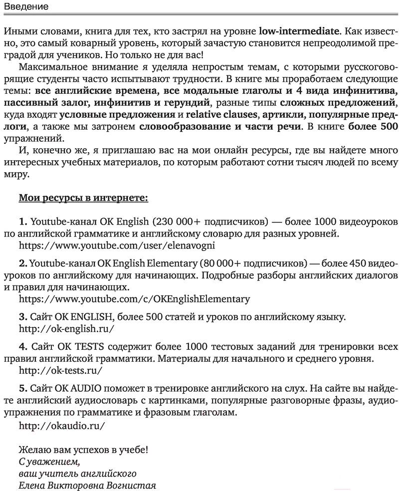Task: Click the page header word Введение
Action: (26, 6)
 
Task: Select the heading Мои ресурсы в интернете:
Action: (83, 198)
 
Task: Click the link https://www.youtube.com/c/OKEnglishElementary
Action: (134, 299)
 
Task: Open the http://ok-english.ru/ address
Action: (66, 328)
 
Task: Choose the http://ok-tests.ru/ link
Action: (60, 370)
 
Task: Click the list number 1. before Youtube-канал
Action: (23, 221)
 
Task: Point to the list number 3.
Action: (23, 316)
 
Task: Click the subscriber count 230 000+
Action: (179, 221)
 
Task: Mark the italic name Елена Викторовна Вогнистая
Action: (87, 485)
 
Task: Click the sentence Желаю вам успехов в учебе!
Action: (83, 449)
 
